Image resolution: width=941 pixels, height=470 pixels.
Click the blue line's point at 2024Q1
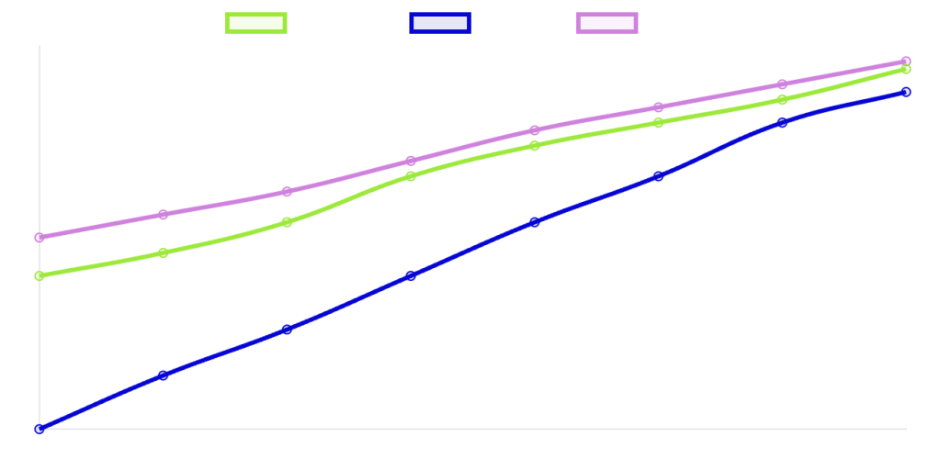[x=40, y=430]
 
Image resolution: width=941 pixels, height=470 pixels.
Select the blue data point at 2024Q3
[x=287, y=330]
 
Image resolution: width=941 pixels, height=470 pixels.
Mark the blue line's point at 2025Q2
[x=659, y=176]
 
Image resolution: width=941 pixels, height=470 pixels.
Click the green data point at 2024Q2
[x=163, y=252]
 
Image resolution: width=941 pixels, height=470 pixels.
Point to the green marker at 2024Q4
[x=411, y=176]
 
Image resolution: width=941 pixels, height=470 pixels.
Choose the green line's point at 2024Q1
[x=40, y=275]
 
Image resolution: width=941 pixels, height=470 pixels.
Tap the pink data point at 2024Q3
[x=287, y=192]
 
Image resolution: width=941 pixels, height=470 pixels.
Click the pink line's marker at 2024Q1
[x=40, y=238]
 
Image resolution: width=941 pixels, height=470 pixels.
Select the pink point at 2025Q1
[x=535, y=130]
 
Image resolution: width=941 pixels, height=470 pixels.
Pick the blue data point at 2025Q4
[x=906, y=92]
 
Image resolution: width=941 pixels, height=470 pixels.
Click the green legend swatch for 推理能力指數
[x=255, y=23]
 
